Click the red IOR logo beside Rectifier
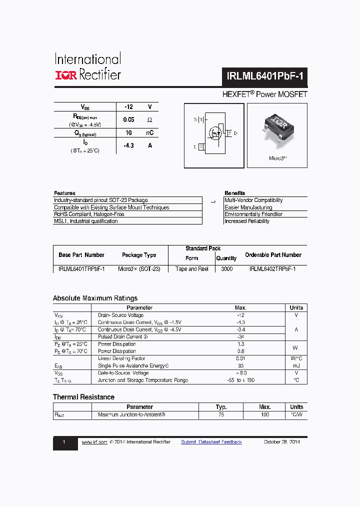point(65,75)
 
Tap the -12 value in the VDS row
point(128,107)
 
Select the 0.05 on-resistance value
point(128,120)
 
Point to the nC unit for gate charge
point(149,133)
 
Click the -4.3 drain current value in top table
point(128,145)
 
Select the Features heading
point(64,193)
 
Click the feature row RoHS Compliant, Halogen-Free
point(89,214)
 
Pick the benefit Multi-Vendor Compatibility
point(253,200)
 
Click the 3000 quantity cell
point(226,269)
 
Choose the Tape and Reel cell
point(192,269)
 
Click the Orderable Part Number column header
point(273,255)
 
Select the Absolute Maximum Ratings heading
point(95,298)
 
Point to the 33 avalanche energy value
point(240,366)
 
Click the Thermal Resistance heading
point(83,397)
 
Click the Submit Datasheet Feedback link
point(211,442)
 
